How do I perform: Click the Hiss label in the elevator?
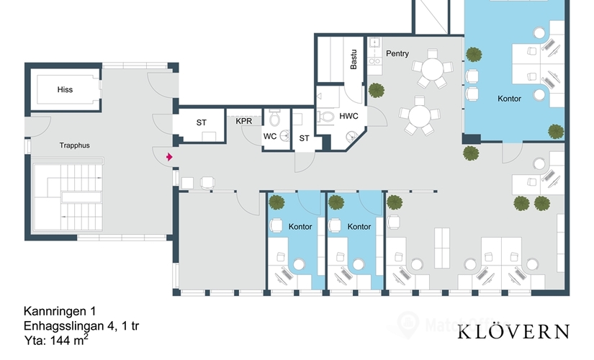click(x=65, y=90)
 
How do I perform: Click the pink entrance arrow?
click(x=169, y=156)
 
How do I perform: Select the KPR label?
click(x=244, y=121)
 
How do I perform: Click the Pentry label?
click(x=397, y=54)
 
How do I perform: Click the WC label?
click(x=269, y=135)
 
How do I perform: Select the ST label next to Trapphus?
click(x=202, y=122)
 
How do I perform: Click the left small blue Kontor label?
click(x=300, y=227)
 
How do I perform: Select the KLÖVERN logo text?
click(x=513, y=332)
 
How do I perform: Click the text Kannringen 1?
click(x=60, y=312)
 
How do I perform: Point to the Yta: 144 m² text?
click(x=57, y=340)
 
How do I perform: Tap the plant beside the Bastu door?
click(x=377, y=90)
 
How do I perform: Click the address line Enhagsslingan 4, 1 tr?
click(x=81, y=326)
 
